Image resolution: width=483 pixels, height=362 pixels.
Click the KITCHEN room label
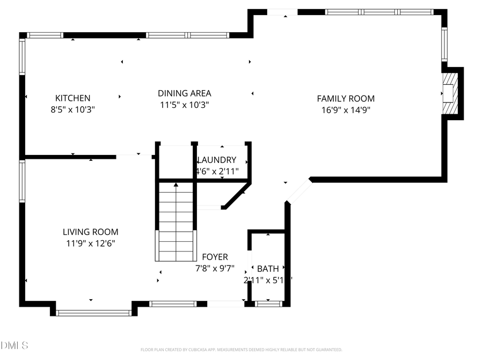[73, 98]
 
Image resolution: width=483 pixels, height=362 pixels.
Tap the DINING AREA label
[184, 93]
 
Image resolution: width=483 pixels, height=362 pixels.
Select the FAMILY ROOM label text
[346, 98]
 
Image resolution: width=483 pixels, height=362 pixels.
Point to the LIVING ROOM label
[90, 232]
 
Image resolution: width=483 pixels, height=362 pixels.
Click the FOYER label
[215, 257]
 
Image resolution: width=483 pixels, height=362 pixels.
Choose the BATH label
[267, 269]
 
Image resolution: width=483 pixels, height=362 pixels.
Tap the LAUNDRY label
[217, 160]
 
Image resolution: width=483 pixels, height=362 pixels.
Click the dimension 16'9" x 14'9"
[346, 110]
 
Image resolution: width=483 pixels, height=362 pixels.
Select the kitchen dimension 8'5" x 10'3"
[73, 109]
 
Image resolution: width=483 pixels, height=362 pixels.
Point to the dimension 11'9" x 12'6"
[90, 243]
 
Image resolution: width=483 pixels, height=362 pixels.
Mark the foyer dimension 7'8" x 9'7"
[215, 268]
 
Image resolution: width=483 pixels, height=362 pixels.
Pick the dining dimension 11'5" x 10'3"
[184, 105]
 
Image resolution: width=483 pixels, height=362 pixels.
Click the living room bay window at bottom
[94, 312]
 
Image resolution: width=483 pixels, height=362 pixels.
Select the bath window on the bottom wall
[269, 304]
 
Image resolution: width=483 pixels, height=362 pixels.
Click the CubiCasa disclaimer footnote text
[241, 350]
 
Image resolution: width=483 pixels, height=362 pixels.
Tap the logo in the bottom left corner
[14, 345]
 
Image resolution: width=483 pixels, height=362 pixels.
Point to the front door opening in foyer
[226, 304]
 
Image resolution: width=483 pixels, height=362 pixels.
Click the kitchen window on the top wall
[46, 35]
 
